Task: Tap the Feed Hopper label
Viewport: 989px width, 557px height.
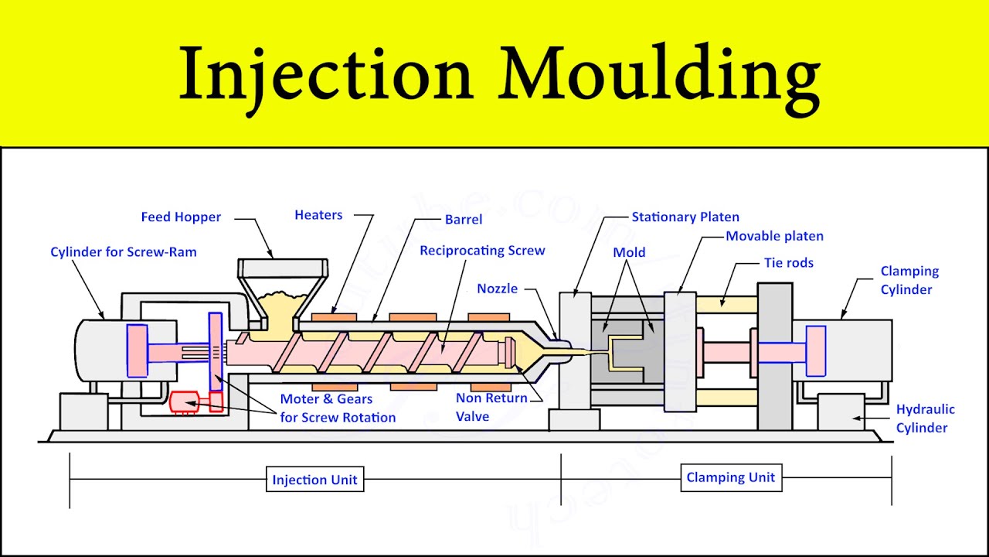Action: pos(181,217)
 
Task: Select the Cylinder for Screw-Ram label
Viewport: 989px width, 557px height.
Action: pos(124,252)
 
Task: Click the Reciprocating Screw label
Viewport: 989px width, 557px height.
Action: pos(482,251)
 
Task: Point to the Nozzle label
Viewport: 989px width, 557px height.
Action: pos(497,289)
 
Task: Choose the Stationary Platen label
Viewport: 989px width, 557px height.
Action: pos(685,217)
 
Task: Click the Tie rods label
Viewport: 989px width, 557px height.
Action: pos(789,263)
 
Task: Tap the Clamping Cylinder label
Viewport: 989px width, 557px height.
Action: pos(909,280)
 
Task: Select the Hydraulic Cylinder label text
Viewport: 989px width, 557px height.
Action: pos(925,419)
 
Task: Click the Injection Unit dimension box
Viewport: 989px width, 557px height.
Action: pos(314,480)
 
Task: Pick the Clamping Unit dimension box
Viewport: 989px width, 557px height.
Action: pos(730,477)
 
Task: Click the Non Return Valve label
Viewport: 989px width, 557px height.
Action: pos(491,407)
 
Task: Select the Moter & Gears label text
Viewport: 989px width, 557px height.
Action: pos(337,408)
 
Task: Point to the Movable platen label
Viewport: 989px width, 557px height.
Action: pos(774,236)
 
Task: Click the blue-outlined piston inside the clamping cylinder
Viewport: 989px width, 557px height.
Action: pos(815,351)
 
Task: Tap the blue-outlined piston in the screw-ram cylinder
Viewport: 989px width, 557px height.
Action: pos(138,350)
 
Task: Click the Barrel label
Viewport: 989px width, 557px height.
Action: pos(464,220)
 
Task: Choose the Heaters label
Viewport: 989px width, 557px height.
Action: pos(318,215)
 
